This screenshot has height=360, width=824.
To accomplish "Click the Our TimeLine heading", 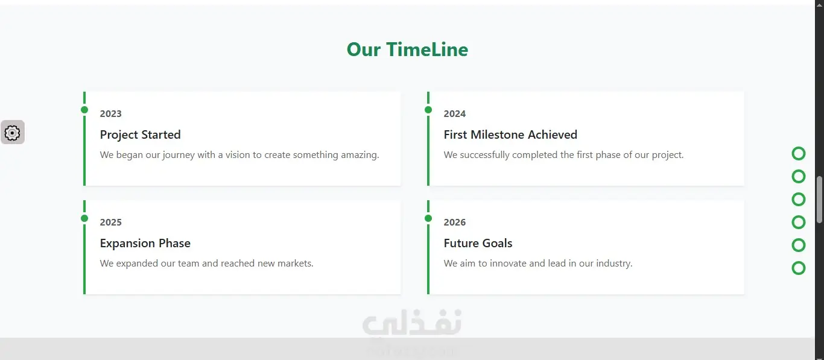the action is [x=407, y=49].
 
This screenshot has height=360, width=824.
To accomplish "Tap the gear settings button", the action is [x=13, y=133].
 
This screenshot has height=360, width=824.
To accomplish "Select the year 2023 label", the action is [x=111, y=113].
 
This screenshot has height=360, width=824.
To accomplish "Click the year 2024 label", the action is [x=455, y=113].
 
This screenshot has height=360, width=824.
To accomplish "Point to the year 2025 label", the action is [x=111, y=222].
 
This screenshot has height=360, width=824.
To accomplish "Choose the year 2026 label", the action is [x=455, y=222].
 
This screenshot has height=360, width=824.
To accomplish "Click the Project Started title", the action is [x=140, y=134].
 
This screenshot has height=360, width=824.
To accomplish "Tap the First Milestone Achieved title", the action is [x=510, y=134].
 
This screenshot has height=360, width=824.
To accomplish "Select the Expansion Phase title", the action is [x=145, y=243].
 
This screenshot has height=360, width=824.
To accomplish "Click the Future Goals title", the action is [x=478, y=243].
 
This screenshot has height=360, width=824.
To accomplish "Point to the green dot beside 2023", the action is [x=84, y=110].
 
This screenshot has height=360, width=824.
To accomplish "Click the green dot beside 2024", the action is [x=428, y=110].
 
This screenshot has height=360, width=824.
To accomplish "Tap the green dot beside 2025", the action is [x=84, y=218].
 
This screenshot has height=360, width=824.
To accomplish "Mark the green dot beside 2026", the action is [x=428, y=218].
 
